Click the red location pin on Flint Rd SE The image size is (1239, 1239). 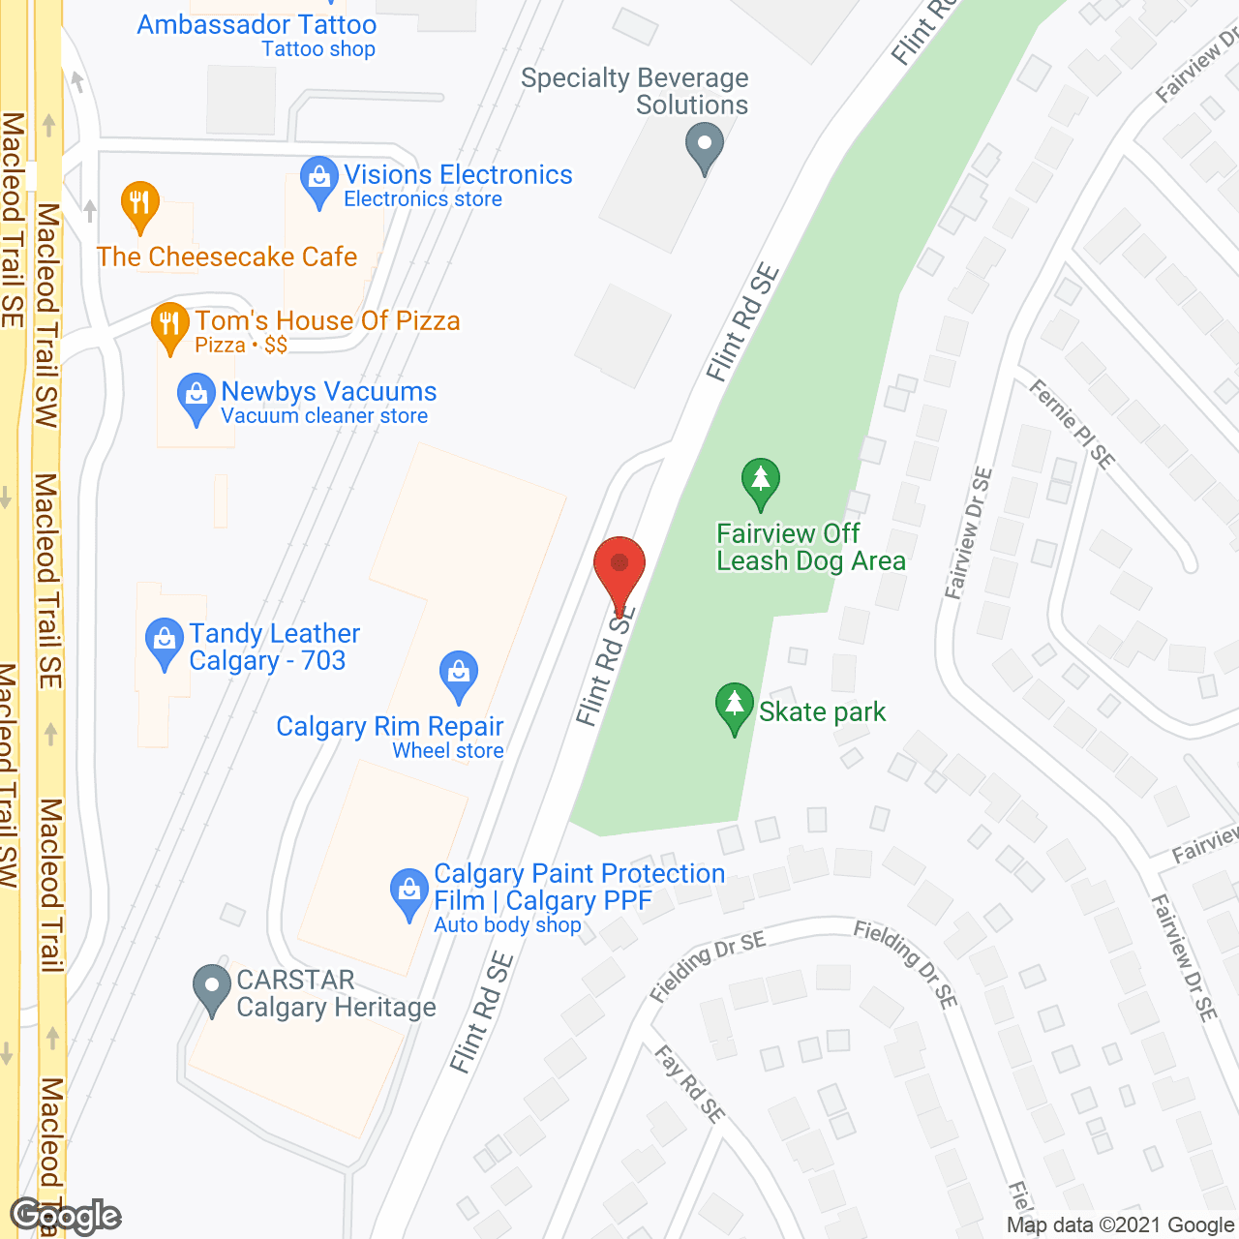[x=619, y=566]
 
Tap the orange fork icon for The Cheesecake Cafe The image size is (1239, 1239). [x=140, y=204]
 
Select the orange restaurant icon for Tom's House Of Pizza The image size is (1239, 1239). [x=169, y=326]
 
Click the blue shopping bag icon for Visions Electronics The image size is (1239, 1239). [x=318, y=179]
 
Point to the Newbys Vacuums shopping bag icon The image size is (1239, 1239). [x=196, y=396]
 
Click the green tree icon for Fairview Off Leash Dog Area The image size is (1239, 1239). [x=761, y=480]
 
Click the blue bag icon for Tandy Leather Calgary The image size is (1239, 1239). [x=165, y=641]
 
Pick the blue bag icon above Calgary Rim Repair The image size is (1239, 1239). [x=459, y=674]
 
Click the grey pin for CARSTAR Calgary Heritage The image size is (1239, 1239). [x=212, y=987]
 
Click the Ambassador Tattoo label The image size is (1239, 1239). [x=257, y=25]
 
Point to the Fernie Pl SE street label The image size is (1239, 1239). [x=1072, y=423]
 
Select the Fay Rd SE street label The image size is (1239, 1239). [x=689, y=1084]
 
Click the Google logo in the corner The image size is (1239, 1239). [x=66, y=1216]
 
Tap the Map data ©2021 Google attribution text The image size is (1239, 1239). [x=1121, y=1225]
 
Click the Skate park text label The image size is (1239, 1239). [x=822, y=712]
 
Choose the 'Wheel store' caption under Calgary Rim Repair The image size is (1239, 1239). [x=448, y=751]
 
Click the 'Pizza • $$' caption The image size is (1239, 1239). [x=241, y=346]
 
